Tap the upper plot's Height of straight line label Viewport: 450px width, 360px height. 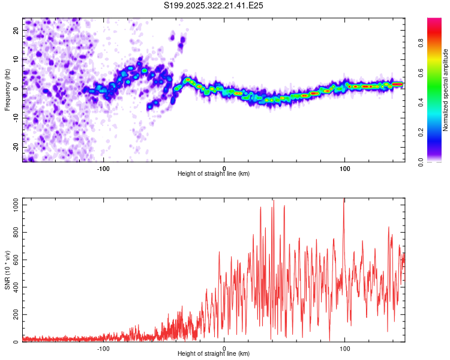(x=214, y=173)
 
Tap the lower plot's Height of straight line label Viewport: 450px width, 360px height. (x=214, y=353)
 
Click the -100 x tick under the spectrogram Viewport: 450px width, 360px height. (x=103, y=167)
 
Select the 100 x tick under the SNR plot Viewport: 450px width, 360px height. (x=345, y=347)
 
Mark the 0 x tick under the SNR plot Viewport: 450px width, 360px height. (x=224, y=347)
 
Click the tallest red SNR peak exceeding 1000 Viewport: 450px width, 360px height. (x=344, y=200)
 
